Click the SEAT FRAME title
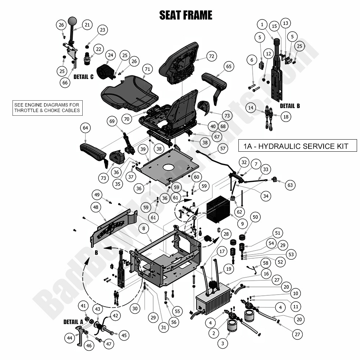pyautogui.click(x=186, y=15)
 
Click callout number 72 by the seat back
pyautogui.click(x=210, y=57)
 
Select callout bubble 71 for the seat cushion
pyautogui.click(x=147, y=69)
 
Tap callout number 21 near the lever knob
pyautogui.click(x=87, y=25)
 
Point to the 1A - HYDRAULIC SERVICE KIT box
pyautogui.click(x=298, y=146)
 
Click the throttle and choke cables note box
pyautogui.click(x=47, y=107)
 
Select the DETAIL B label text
pyautogui.click(x=290, y=106)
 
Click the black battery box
pyautogui.click(x=218, y=211)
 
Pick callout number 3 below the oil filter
pyautogui.click(x=222, y=344)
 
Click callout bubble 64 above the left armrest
pyautogui.click(x=85, y=128)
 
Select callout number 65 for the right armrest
pyautogui.click(x=229, y=66)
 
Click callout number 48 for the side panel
pyautogui.click(x=96, y=207)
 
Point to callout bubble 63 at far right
pyautogui.click(x=290, y=185)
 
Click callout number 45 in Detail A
pyautogui.click(x=124, y=335)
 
